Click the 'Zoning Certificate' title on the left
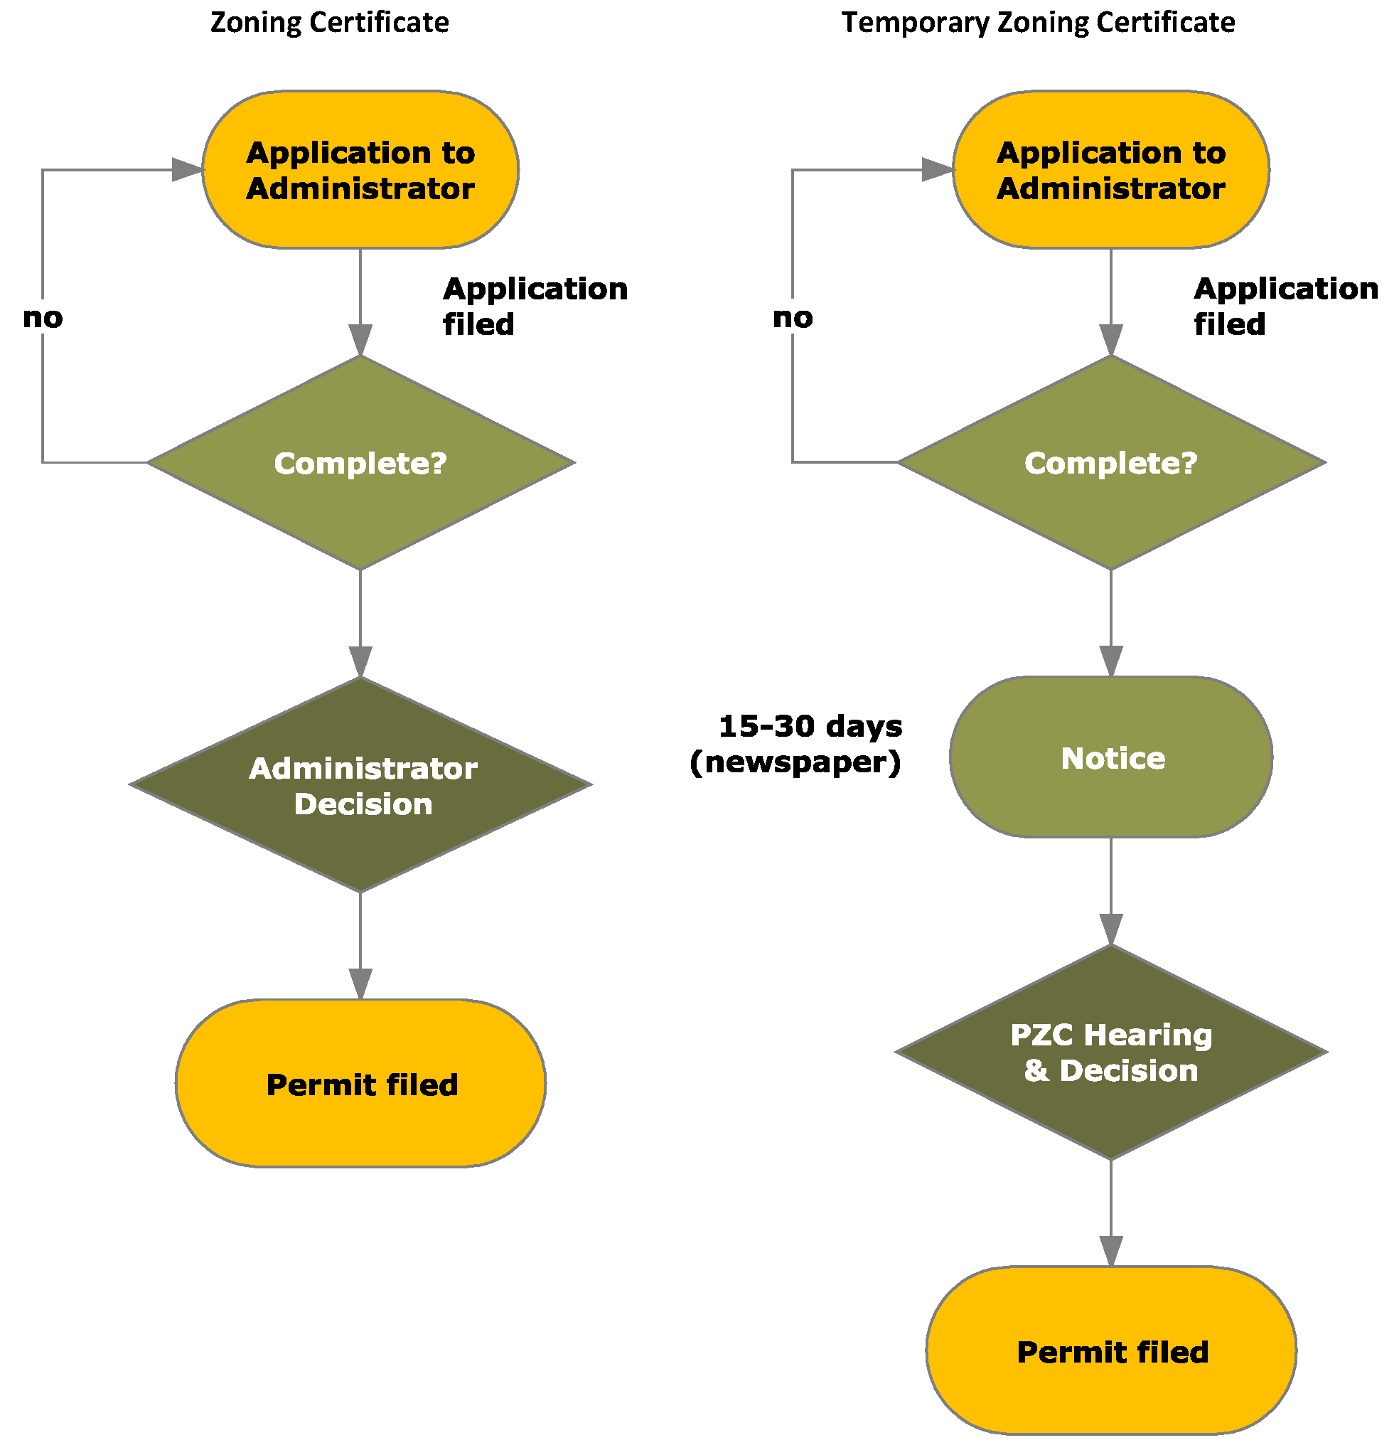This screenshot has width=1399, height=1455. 330,22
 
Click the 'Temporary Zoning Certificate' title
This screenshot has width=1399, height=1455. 1038,22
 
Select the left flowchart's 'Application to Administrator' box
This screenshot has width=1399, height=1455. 360,170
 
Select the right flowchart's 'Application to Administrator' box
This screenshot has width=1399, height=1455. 1110,170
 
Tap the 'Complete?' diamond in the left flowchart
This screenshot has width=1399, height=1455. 360,462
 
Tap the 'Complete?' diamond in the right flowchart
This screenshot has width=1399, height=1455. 1110,462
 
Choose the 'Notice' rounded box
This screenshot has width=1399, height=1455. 1111,758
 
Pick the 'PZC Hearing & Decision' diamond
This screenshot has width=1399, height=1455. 1110,1052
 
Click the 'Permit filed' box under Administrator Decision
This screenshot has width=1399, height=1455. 360,1084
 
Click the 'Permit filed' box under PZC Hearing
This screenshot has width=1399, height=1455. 1111,1351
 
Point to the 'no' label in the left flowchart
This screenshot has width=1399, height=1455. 43,318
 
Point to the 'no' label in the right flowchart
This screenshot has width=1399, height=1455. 793,318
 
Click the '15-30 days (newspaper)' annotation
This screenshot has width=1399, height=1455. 796,744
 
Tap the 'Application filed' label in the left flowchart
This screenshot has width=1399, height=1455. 535,306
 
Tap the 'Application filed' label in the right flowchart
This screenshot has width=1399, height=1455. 1285,306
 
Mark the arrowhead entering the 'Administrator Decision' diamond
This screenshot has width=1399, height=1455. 360,661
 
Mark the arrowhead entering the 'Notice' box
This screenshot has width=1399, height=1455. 1111,661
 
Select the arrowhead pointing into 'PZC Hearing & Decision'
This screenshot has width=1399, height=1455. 1111,929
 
